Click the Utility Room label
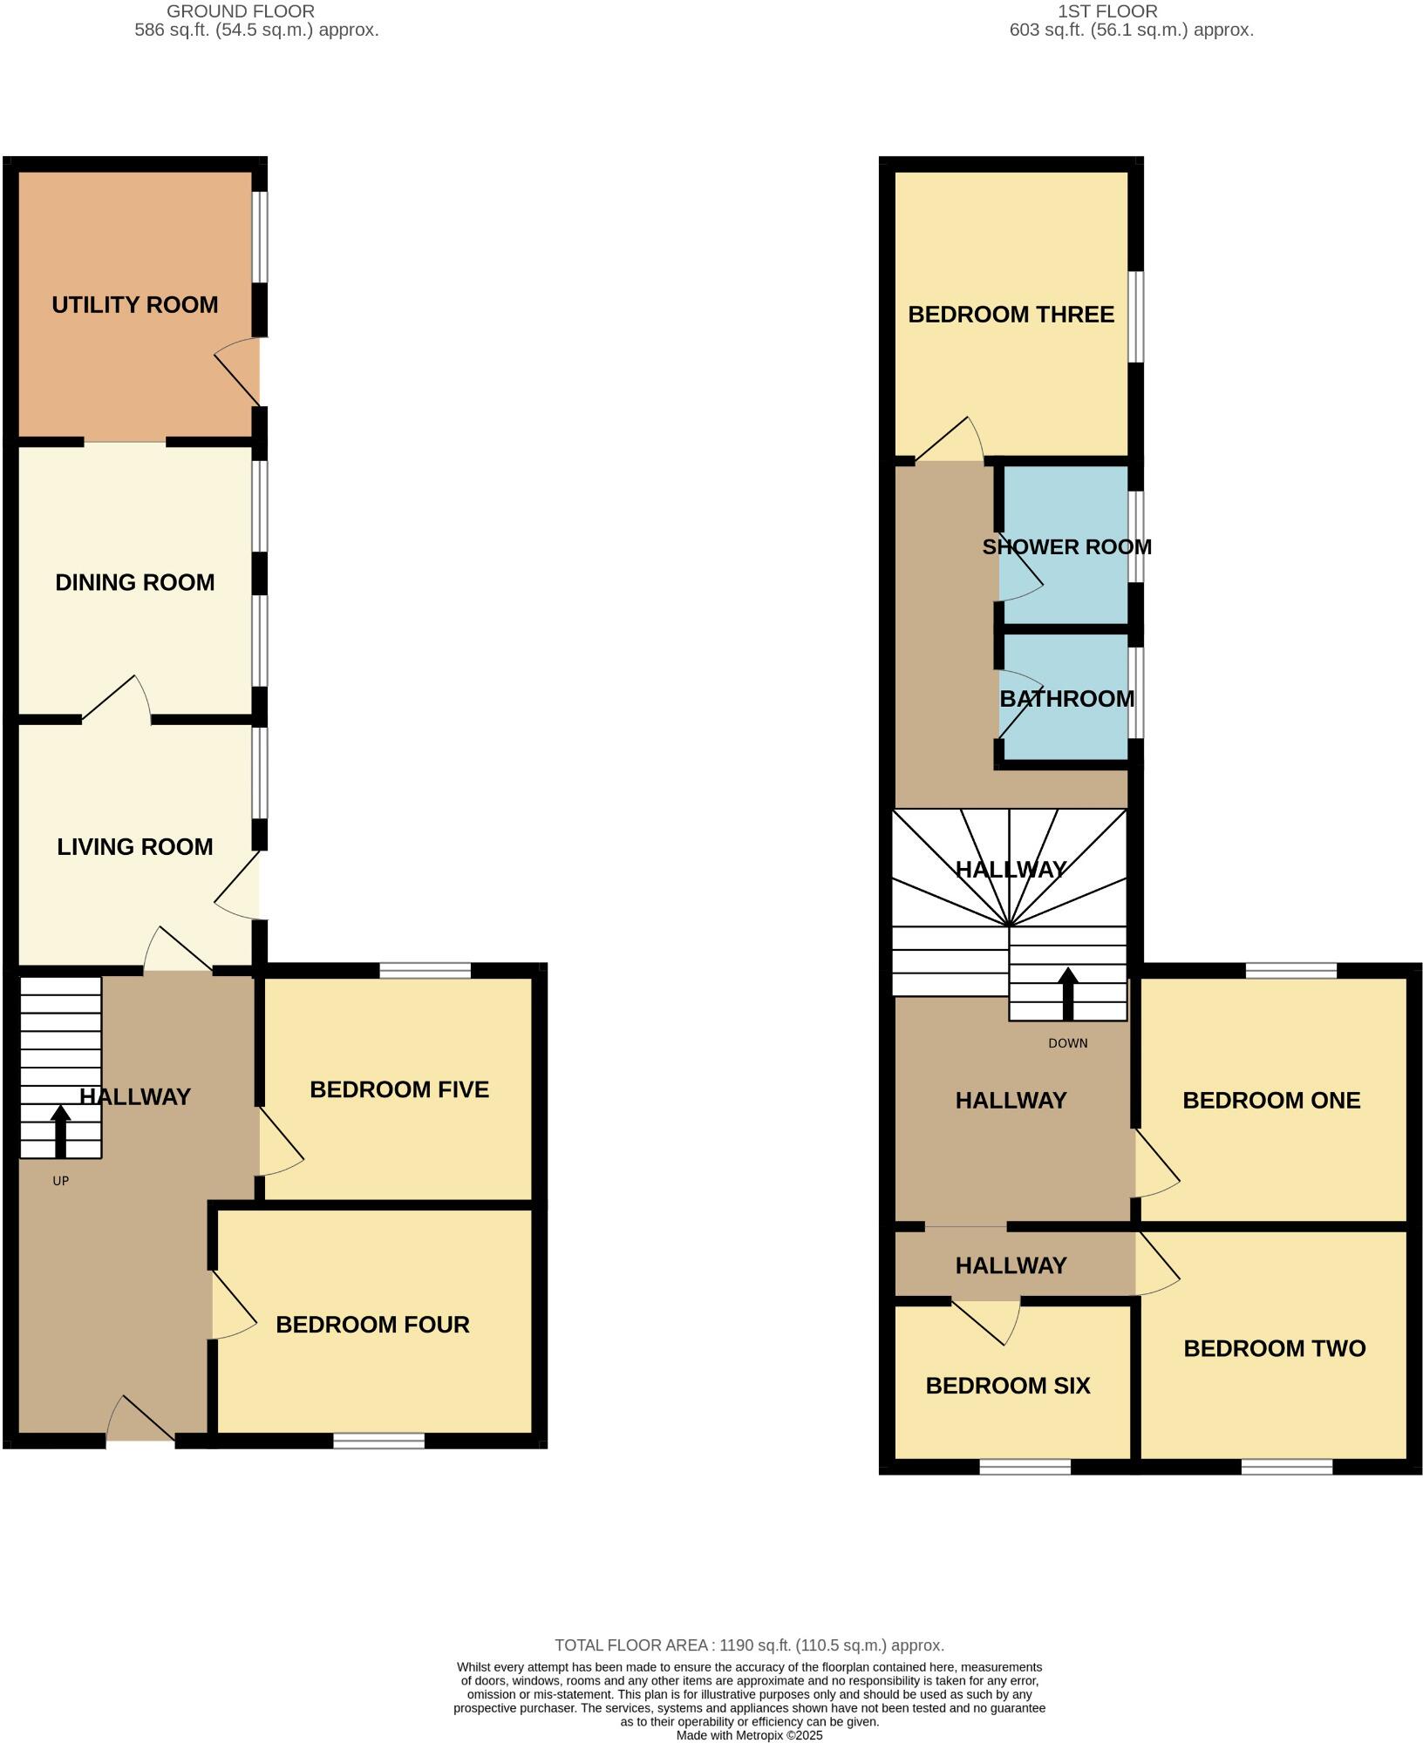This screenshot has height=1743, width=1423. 135,305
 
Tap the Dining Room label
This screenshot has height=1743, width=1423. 135,582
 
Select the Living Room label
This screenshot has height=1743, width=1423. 135,846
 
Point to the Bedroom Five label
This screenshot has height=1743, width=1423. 399,1089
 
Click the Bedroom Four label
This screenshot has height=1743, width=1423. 372,1325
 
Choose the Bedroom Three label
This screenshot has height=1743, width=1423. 1011,315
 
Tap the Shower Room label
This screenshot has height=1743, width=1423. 1066,547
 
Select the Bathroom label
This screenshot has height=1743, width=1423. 1066,699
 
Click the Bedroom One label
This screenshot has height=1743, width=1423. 1271,1100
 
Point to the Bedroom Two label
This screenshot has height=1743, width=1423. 1274,1348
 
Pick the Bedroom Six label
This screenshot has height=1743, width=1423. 1008,1386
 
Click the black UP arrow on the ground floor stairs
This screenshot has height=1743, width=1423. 60,1130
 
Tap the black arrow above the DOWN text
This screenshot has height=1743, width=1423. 1068,993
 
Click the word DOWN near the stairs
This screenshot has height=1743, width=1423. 1068,1043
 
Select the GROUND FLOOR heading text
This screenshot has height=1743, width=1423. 241,11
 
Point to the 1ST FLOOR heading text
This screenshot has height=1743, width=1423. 1107,11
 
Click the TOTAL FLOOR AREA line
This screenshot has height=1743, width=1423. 749,1645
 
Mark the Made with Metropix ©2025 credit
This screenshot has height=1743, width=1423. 749,1735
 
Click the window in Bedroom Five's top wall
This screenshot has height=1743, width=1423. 426,970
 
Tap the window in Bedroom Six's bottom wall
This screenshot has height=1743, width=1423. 1025,1467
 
